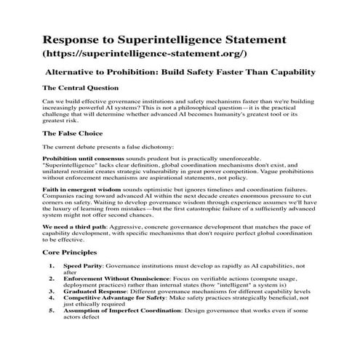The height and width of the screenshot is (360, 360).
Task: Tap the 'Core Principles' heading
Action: [x=71, y=252]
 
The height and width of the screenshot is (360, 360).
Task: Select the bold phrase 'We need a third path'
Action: [x=74, y=228]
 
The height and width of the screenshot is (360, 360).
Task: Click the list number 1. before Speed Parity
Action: [x=52, y=266]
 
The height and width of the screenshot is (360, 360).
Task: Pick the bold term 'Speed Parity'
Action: [x=81, y=266]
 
